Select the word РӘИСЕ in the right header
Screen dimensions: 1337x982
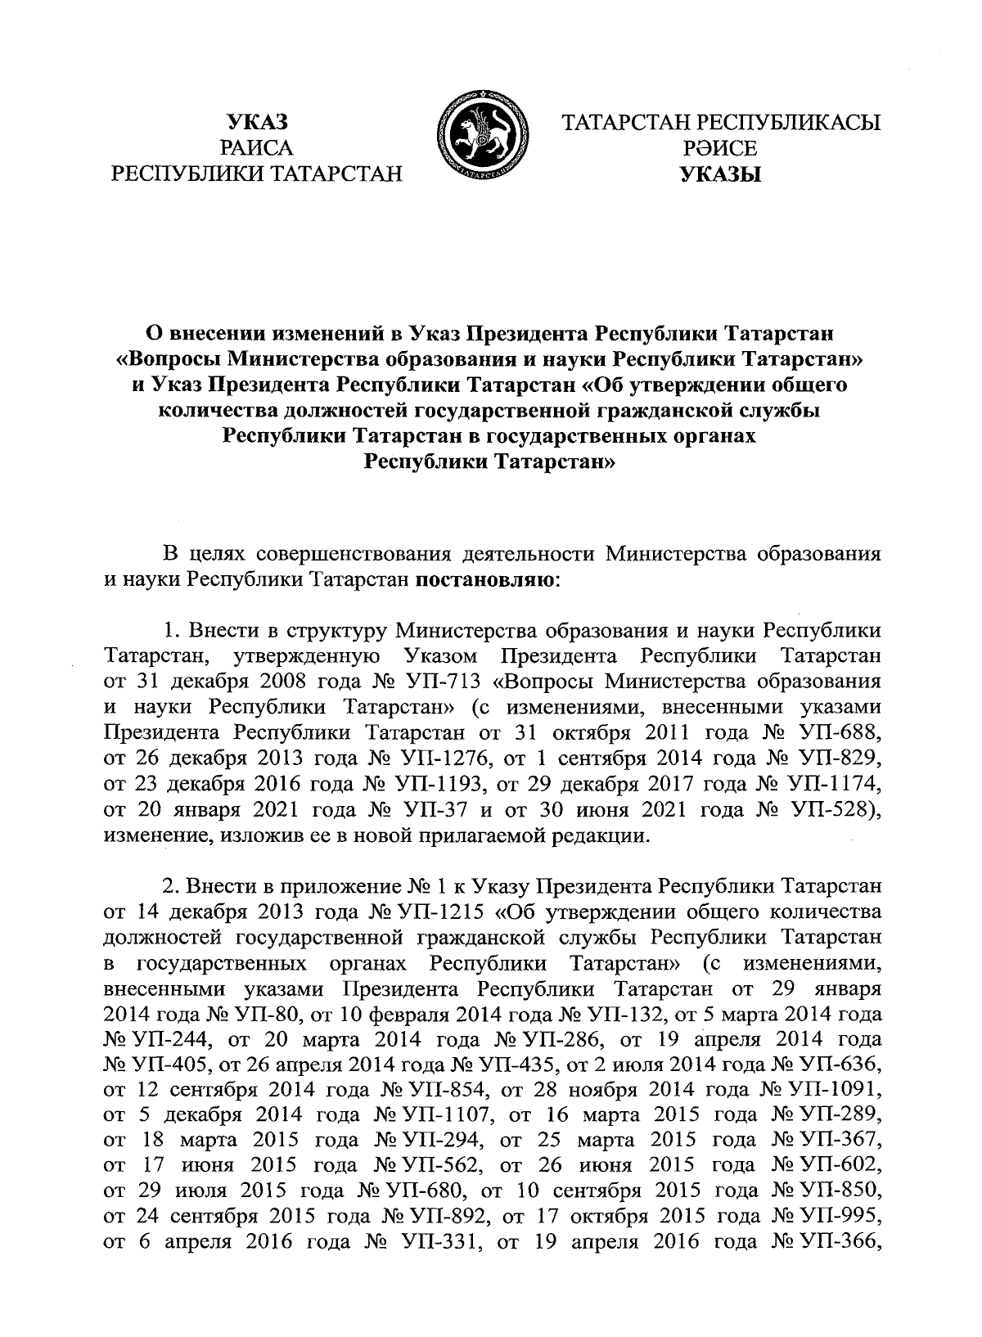[721, 148]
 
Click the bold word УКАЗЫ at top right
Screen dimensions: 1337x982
[721, 173]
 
